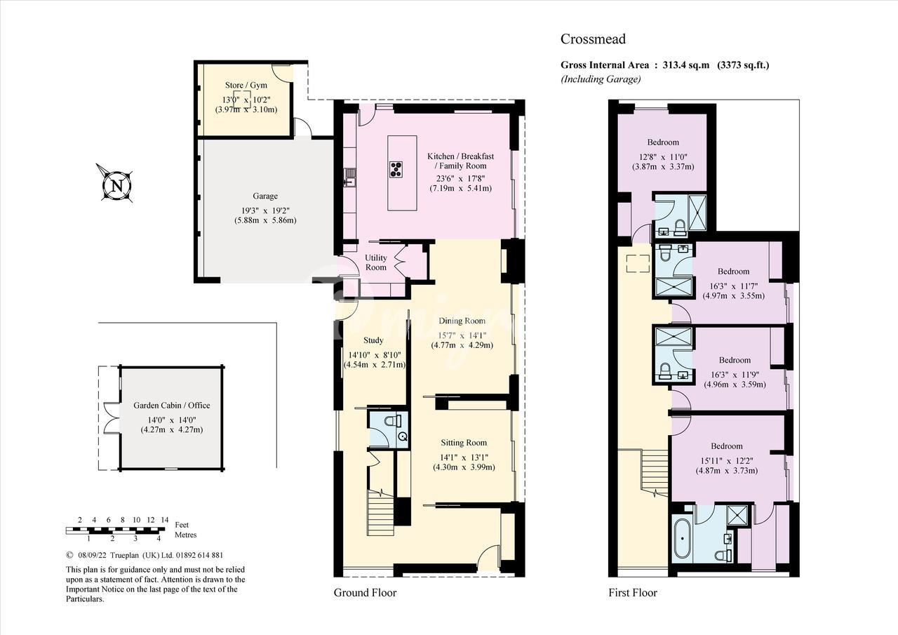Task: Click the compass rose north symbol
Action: point(116,185)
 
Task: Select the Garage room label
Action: point(265,196)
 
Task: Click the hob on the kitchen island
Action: point(396,169)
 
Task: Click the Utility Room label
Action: point(375,262)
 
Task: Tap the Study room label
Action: point(373,340)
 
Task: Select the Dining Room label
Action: point(462,321)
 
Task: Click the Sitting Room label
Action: point(464,443)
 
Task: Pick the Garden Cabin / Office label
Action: point(172,406)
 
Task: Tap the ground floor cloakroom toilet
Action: point(392,421)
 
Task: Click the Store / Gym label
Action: point(246,85)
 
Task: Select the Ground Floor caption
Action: point(365,592)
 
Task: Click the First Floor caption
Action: point(633,592)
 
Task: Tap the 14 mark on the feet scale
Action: point(164,520)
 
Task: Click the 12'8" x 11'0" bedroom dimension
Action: point(663,156)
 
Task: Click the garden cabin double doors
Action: point(111,417)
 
